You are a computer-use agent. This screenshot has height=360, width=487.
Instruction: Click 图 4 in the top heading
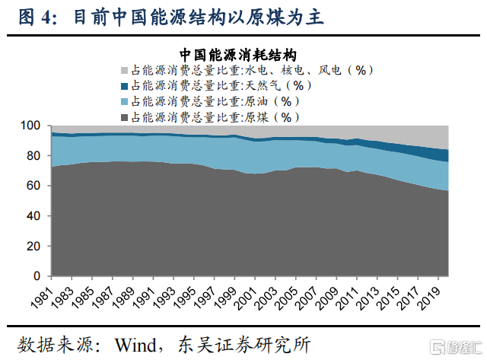(x=33, y=16)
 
